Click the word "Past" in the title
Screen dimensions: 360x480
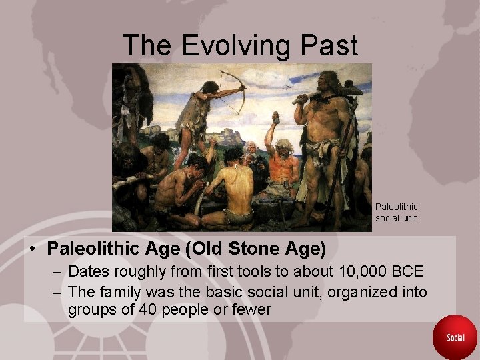pyautogui.click(x=328, y=45)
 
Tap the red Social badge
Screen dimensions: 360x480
pyautogui.click(x=455, y=337)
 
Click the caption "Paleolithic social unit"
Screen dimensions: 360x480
pyautogui.click(x=396, y=212)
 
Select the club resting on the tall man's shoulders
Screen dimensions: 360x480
pyautogui.click(x=327, y=97)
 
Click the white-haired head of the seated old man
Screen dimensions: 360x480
pyautogui.click(x=285, y=146)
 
